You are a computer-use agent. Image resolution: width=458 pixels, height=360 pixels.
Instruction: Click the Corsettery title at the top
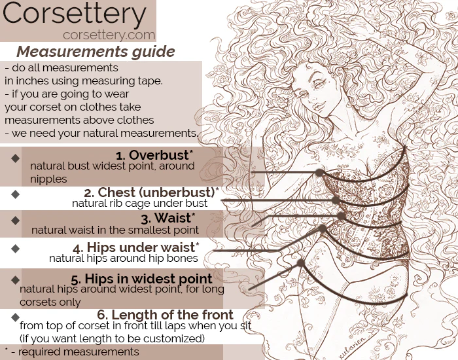74,14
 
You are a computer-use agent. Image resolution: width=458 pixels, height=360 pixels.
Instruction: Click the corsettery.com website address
109,35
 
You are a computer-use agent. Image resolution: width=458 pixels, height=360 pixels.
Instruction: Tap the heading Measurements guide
96,52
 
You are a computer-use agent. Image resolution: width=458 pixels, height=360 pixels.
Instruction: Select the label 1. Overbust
154,155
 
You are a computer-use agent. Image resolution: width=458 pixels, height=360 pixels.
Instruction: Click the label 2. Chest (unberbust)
151,192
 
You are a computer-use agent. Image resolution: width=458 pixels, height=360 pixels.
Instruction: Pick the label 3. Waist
168,218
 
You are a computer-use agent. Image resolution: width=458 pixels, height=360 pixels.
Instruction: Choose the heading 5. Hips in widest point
141,279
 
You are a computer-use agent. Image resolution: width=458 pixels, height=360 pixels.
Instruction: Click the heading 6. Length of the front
165,315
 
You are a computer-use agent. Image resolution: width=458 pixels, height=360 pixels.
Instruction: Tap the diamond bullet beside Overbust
16,158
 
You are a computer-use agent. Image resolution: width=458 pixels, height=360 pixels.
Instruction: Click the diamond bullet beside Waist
16,221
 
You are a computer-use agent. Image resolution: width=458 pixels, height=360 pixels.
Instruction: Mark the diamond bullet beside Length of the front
16,317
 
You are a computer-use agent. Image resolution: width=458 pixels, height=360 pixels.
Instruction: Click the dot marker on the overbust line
320,173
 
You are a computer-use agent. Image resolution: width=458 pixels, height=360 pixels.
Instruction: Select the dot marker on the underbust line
336,200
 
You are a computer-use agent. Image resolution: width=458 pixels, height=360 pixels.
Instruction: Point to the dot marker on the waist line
341,216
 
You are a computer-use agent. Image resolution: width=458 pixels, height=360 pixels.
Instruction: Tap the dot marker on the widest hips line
301,263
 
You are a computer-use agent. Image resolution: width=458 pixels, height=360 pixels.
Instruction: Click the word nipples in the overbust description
48,179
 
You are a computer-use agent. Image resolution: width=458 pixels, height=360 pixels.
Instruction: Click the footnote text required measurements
79,351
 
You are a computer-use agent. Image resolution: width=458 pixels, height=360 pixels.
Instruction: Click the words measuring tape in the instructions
132,81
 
